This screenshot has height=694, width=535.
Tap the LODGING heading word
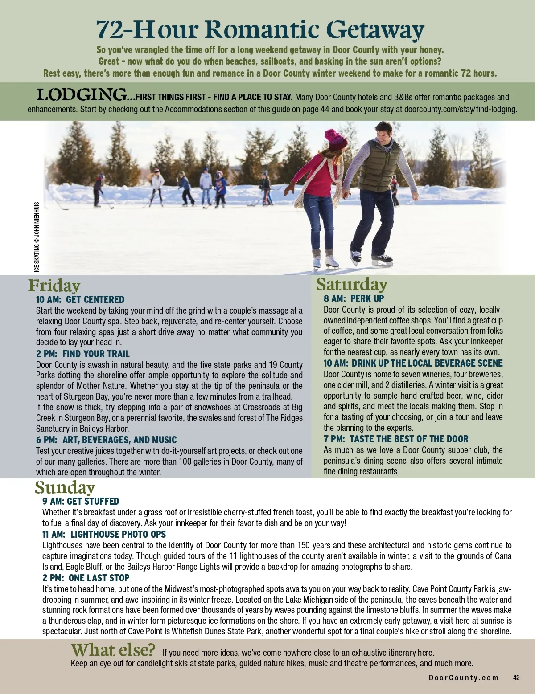(x=81, y=95)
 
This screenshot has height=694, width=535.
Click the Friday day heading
(x=54, y=286)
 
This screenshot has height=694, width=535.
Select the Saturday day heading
(x=352, y=284)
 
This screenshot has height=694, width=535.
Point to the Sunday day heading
(x=65, y=488)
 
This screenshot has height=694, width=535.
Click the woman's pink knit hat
(x=335, y=139)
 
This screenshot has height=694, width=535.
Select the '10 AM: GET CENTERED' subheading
(x=80, y=299)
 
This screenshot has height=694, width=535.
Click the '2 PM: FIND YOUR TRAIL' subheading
(x=82, y=354)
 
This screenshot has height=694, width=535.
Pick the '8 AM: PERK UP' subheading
(x=354, y=298)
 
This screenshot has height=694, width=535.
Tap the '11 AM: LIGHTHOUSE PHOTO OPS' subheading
(x=104, y=534)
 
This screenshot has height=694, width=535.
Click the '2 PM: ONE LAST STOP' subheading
(x=86, y=578)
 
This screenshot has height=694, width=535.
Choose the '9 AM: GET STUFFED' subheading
(x=81, y=502)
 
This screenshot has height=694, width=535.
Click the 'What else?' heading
(x=113, y=650)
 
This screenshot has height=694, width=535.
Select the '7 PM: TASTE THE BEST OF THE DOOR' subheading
(x=396, y=439)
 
